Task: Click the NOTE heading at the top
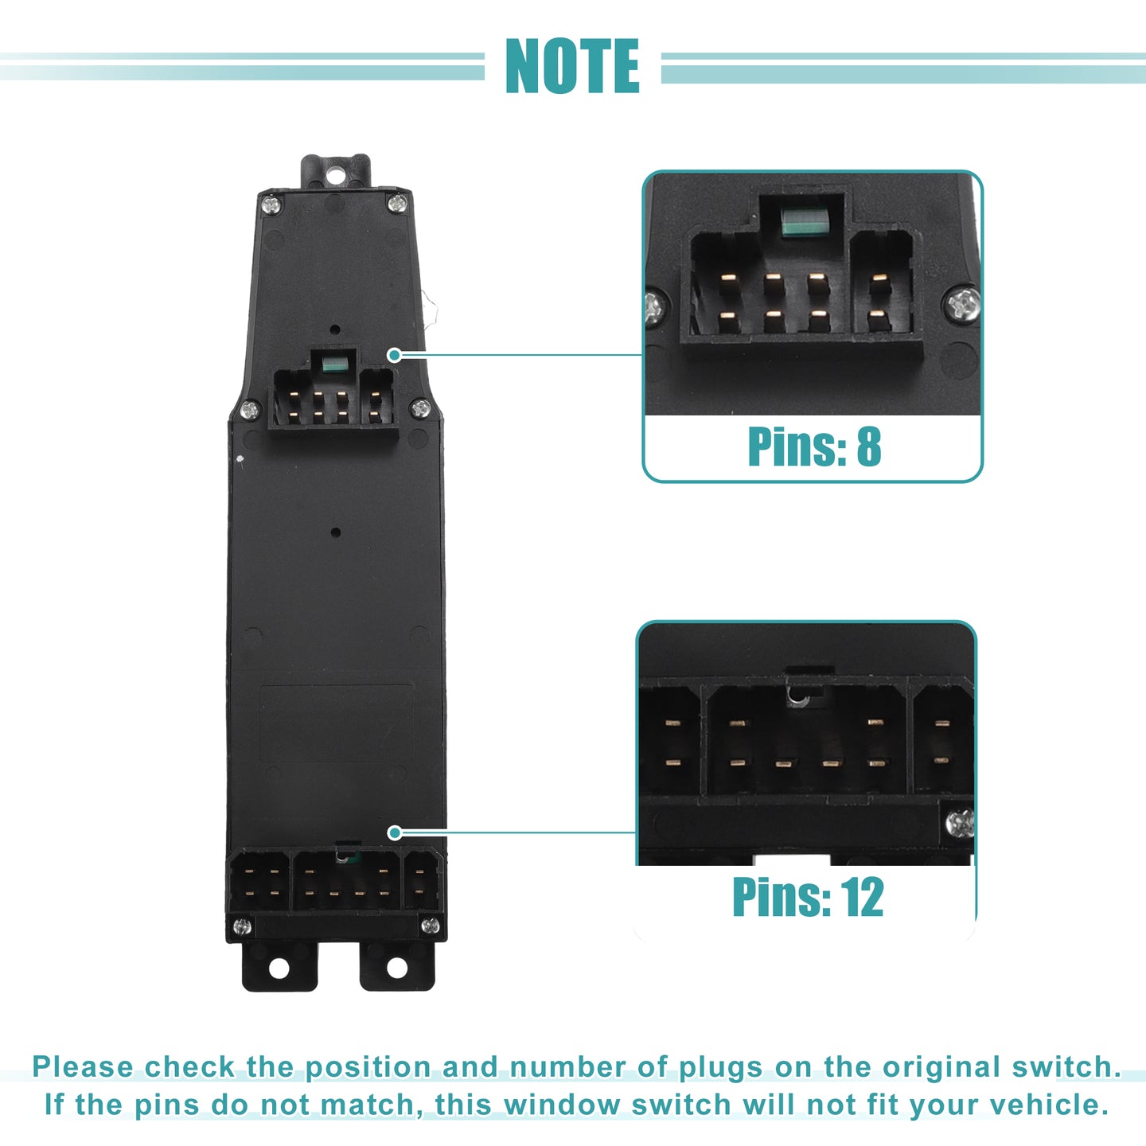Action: (572, 65)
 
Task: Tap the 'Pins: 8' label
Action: (813, 446)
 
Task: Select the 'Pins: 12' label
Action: (808, 896)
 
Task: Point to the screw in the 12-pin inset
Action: (959, 824)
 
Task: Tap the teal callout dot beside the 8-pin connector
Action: (394, 355)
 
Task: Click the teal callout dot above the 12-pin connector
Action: (394, 833)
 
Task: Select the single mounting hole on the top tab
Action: (335, 175)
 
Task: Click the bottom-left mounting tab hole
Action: (279, 968)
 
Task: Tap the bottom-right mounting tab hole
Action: (396, 968)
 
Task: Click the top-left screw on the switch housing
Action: (271, 206)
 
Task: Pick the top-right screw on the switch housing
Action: (397, 204)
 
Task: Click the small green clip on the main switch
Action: (333, 363)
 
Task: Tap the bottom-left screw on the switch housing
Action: (241, 926)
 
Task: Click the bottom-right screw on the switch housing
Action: (430, 926)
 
